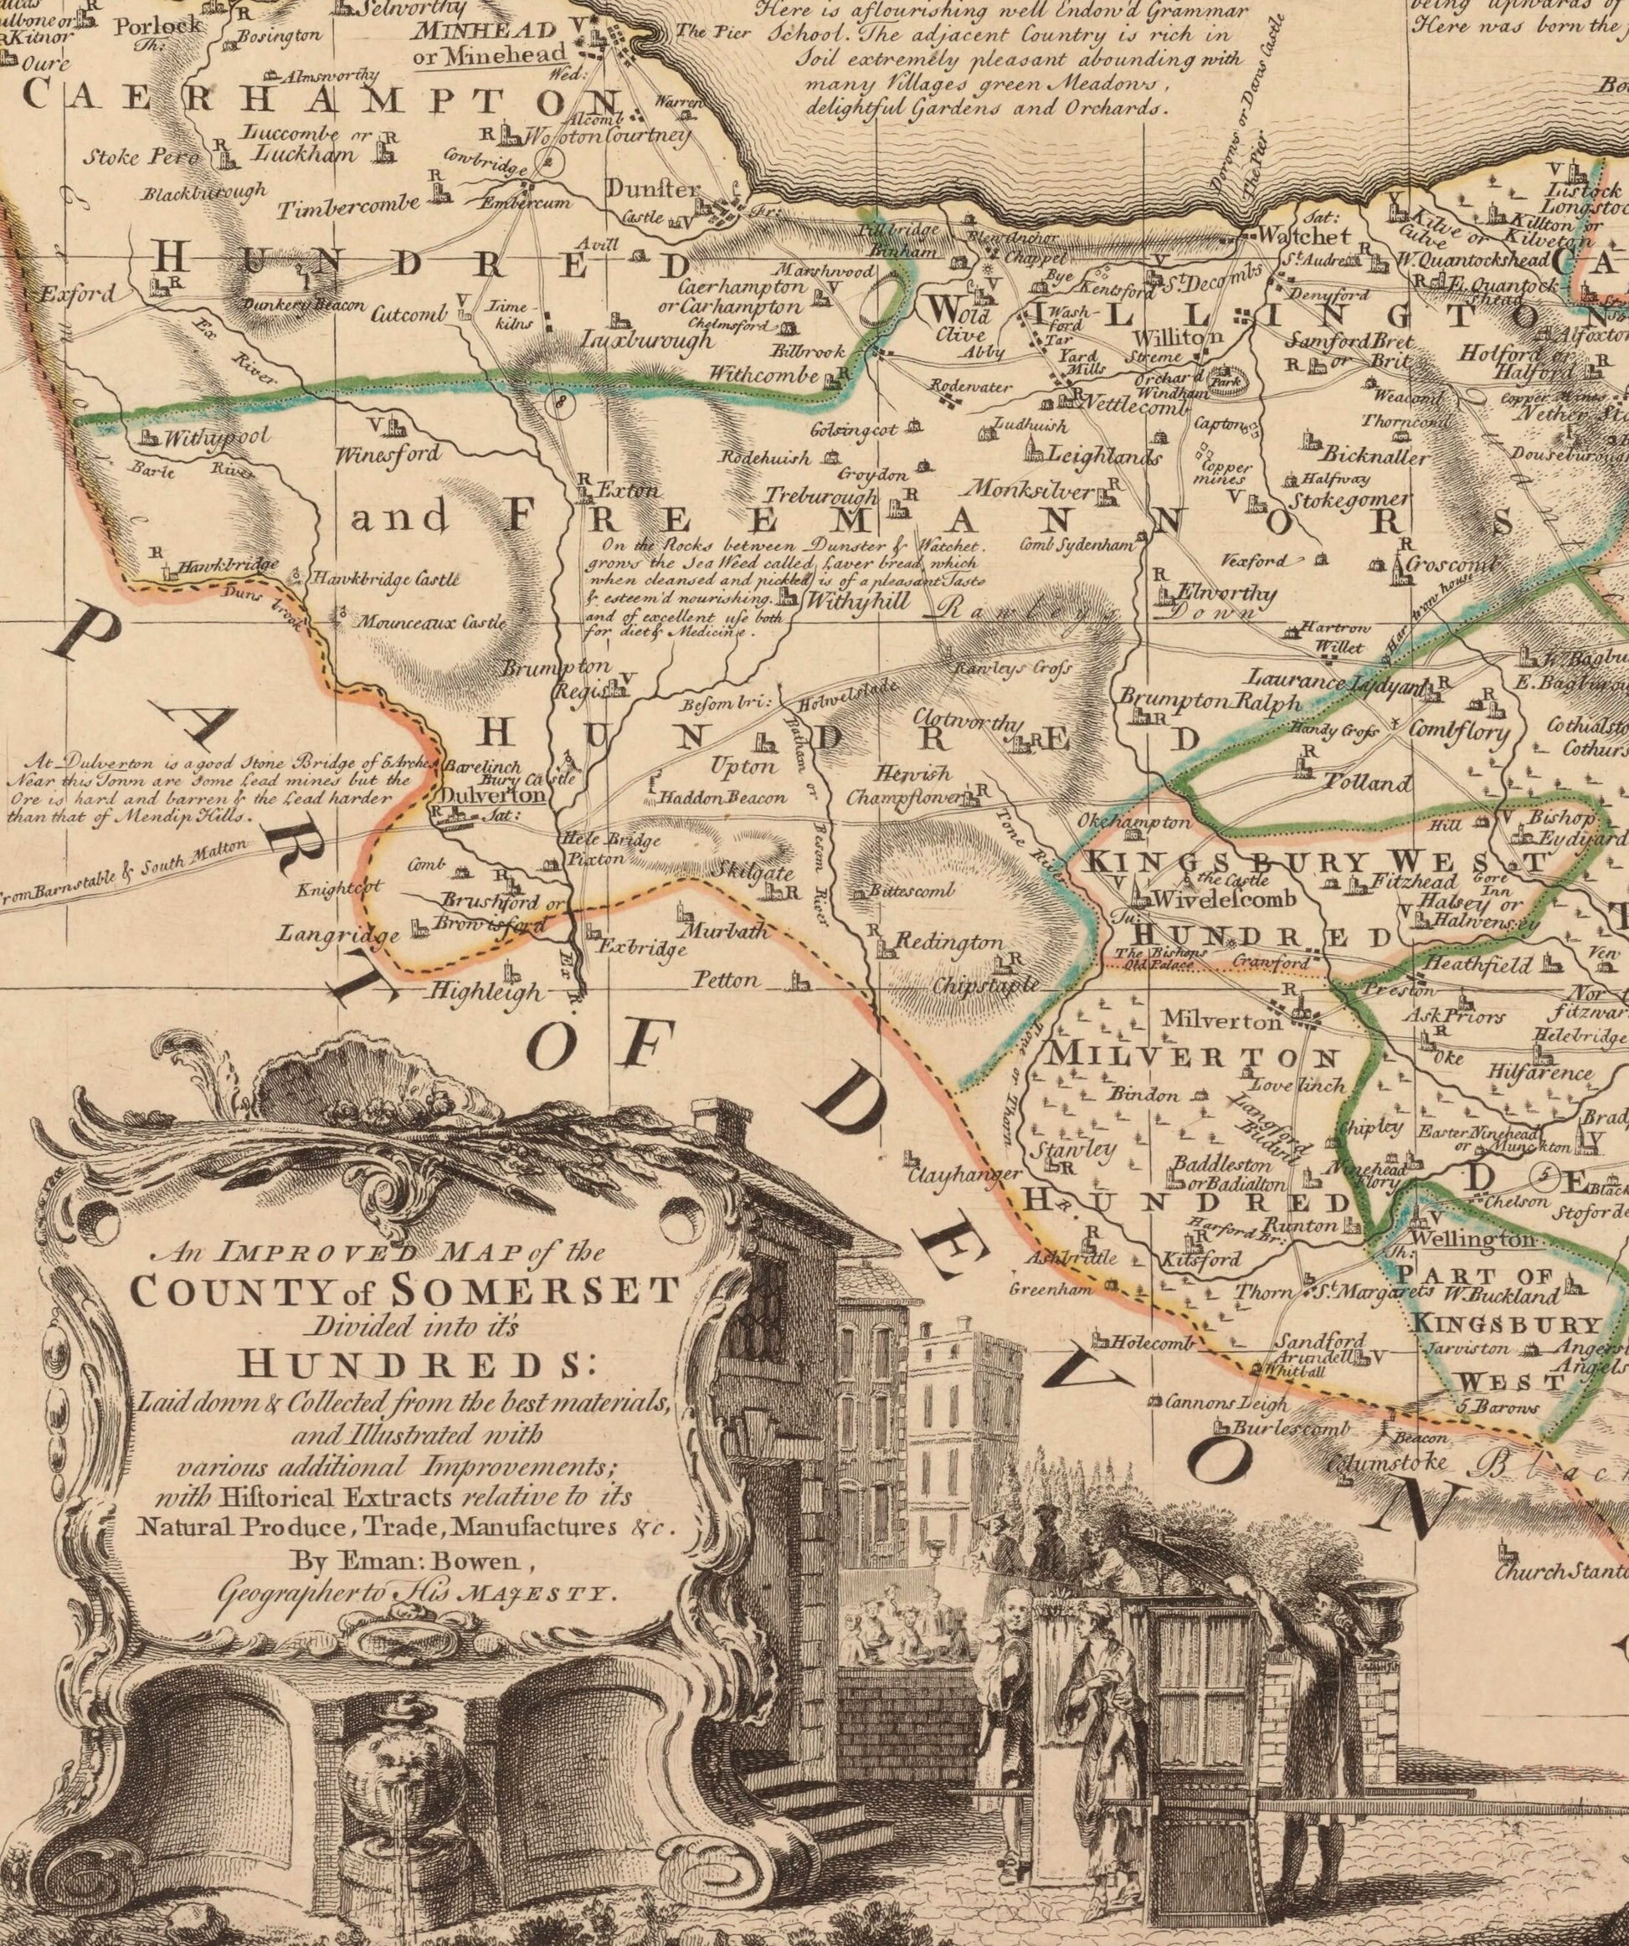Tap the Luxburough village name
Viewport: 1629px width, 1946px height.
coord(649,340)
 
